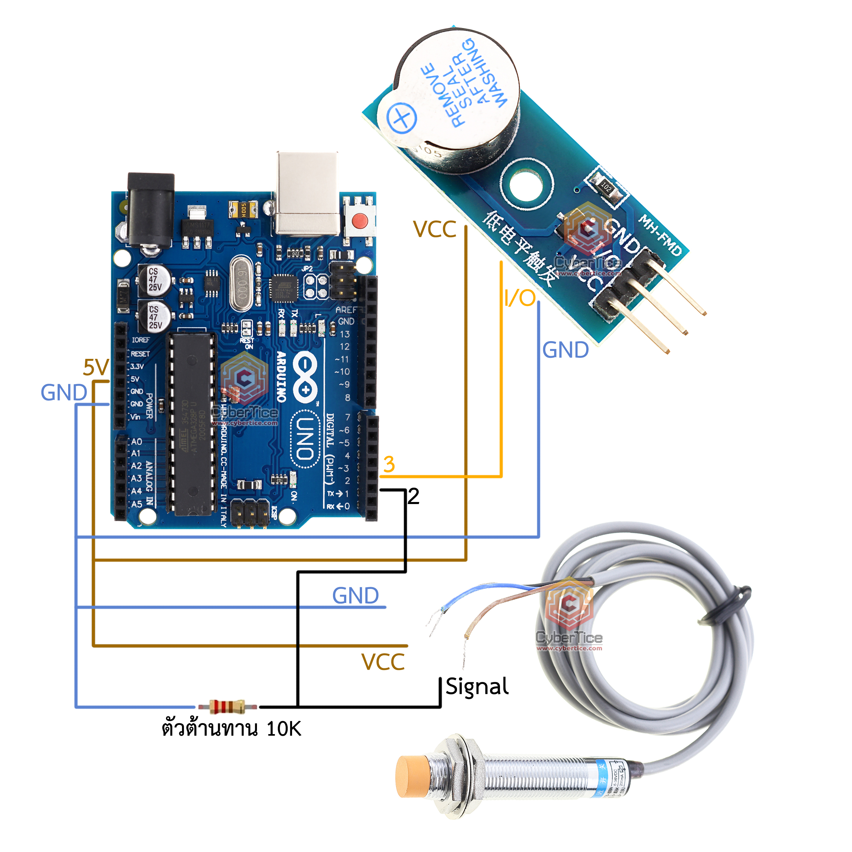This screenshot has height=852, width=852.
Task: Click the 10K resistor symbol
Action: (227, 706)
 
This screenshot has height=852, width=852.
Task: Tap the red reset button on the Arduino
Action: (360, 219)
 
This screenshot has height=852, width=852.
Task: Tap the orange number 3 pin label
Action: (389, 465)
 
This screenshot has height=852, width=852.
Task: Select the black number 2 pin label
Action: (413, 497)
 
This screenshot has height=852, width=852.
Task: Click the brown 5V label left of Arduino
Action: (96, 367)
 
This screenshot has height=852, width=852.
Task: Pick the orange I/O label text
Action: (520, 299)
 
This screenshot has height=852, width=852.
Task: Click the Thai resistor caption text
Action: (231, 729)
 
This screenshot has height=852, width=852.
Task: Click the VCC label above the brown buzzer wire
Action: (435, 229)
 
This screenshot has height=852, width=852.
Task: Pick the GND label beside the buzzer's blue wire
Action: (565, 350)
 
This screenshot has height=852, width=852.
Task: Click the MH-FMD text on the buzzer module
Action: (660, 235)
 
